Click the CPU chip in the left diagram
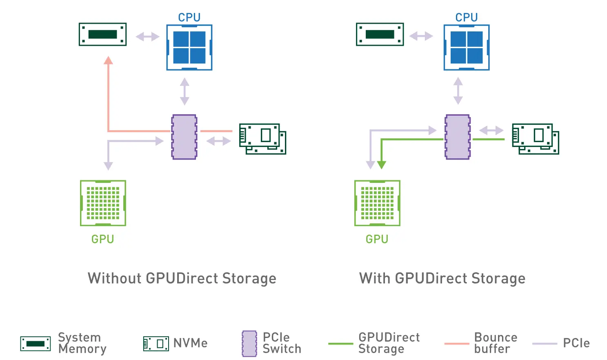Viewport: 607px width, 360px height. point(189,47)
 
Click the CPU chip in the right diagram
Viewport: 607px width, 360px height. point(467,47)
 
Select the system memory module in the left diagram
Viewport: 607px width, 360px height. point(102,34)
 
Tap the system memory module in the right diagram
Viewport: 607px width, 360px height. point(380,34)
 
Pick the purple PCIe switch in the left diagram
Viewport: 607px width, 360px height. point(184,137)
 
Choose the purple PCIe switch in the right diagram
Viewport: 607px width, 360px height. point(458,137)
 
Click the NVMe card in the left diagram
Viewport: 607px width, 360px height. point(262,139)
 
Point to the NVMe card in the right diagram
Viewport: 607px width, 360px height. point(536,139)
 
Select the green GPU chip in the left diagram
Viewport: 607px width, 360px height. point(103,203)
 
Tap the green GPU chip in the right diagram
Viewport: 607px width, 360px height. point(377,203)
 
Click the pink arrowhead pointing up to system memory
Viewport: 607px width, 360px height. point(108,61)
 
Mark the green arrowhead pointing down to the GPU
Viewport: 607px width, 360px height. point(381,165)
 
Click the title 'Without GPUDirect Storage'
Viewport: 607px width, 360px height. point(182,278)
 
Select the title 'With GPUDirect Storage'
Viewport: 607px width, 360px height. point(442,278)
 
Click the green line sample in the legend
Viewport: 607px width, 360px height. point(340,344)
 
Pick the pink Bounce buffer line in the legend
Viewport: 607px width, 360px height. point(456,344)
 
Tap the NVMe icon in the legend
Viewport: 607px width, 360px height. point(156,344)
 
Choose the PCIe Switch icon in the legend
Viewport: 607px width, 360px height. point(249,344)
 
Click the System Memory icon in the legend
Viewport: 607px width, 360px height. point(36,344)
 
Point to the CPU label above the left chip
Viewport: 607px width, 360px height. point(189,18)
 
